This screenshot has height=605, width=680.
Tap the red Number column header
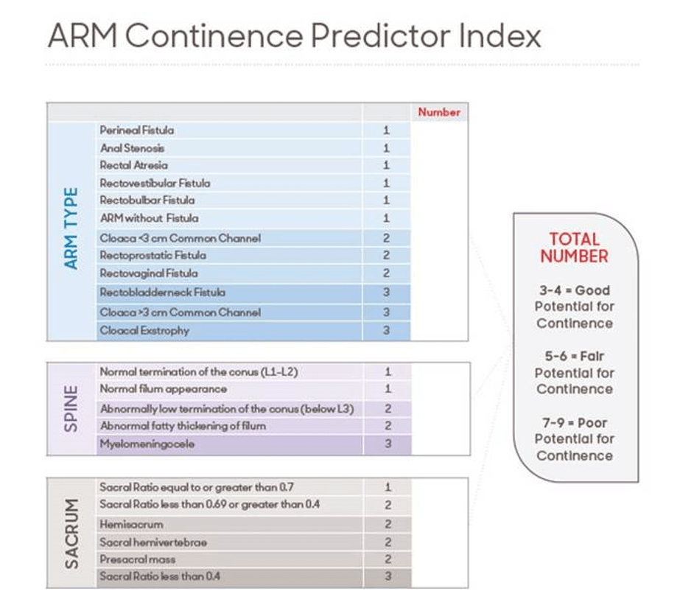[x=439, y=112]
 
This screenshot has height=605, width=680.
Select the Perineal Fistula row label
[x=136, y=130]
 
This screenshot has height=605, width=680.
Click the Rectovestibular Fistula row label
[x=155, y=183]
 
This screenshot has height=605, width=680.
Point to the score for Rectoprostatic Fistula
[x=386, y=255]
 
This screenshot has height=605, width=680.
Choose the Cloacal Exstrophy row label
[x=144, y=330]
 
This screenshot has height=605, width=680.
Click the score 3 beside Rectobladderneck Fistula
[x=386, y=292]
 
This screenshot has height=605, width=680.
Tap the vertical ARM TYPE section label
[x=71, y=228]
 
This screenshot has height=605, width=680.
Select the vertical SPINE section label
[x=71, y=408]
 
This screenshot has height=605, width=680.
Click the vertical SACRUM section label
[x=71, y=534]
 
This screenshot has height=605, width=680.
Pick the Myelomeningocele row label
[x=147, y=444]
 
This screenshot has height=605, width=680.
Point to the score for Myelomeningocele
[x=388, y=443]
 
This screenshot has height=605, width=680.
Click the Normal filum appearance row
[x=164, y=389]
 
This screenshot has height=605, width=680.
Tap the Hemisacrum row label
[x=131, y=525]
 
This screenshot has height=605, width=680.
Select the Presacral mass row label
[x=138, y=559]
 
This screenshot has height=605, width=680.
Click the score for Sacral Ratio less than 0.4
[x=388, y=576]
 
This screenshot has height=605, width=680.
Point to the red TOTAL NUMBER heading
[x=575, y=248]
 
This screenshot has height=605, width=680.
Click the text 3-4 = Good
[x=575, y=290]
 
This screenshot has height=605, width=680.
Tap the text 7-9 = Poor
[x=575, y=422]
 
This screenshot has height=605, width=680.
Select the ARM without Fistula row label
[x=149, y=217]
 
